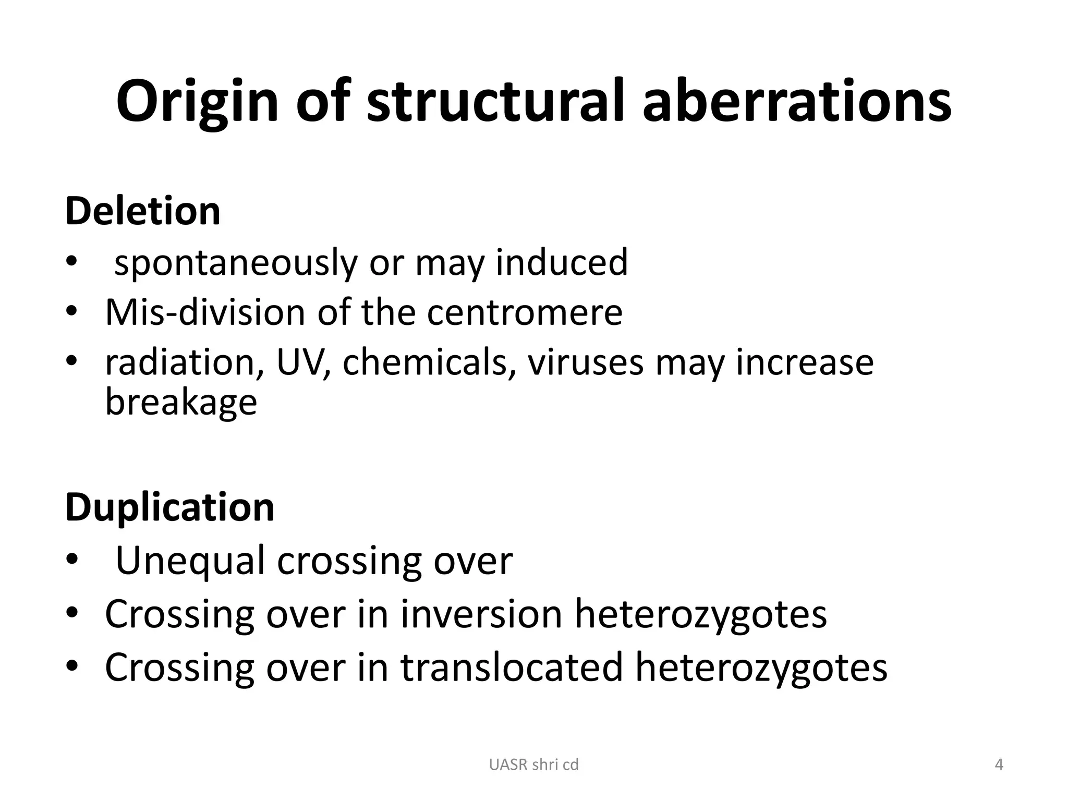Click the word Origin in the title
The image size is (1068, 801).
(197, 102)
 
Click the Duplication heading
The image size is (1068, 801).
(169, 507)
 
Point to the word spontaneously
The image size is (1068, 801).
(236, 263)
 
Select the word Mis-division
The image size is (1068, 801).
(205, 312)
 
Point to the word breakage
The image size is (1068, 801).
(181, 403)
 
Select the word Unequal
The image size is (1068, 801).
(190, 561)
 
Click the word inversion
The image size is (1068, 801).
(481, 614)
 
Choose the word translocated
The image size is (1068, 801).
(512, 667)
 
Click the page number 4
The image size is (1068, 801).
(999, 765)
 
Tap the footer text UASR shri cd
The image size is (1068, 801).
(533, 765)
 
